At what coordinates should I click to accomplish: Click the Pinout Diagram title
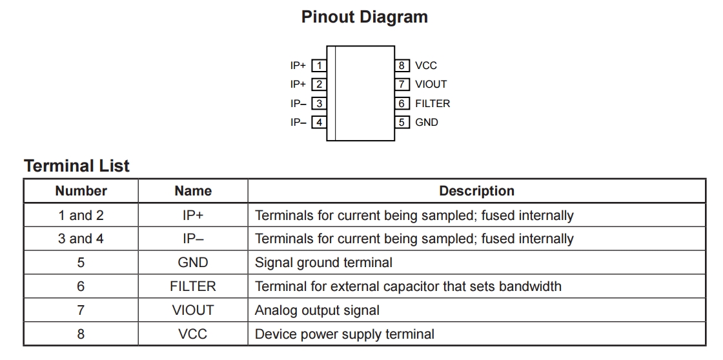pyautogui.click(x=364, y=17)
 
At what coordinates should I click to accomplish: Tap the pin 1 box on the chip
pyautogui.click(x=318, y=65)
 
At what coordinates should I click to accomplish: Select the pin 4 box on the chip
pyautogui.click(x=318, y=122)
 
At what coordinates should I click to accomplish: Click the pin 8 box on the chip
pyautogui.click(x=402, y=65)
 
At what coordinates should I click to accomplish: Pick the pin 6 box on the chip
pyautogui.click(x=402, y=103)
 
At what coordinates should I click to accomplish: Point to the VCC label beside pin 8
pyautogui.click(x=426, y=65)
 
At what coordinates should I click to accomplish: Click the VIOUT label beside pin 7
pyautogui.click(x=431, y=84)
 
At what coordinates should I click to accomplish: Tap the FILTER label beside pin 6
pyautogui.click(x=433, y=103)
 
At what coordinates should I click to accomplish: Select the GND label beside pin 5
pyautogui.click(x=427, y=122)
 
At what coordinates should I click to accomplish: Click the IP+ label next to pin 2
pyautogui.click(x=298, y=84)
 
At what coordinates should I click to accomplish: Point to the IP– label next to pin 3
pyautogui.click(x=298, y=103)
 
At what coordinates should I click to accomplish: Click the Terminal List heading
pyautogui.click(x=77, y=166)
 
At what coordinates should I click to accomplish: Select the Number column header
pyautogui.click(x=81, y=191)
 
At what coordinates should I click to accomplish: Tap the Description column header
pyautogui.click(x=476, y=191)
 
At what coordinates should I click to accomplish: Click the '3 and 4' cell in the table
pyautogui.click(x=81, y=239)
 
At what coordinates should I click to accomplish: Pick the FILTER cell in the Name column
pyautogui.click(x=193, y=286)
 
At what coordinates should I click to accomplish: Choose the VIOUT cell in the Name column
pyautogui.click(x=193, y=310)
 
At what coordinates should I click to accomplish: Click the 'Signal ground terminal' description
pyautogui.click(x=323, y=263)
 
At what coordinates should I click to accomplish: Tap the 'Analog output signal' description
pyautogui.click(x=317, y=310)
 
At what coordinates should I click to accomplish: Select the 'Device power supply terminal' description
pyautogui.click(x=345, y=334)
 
